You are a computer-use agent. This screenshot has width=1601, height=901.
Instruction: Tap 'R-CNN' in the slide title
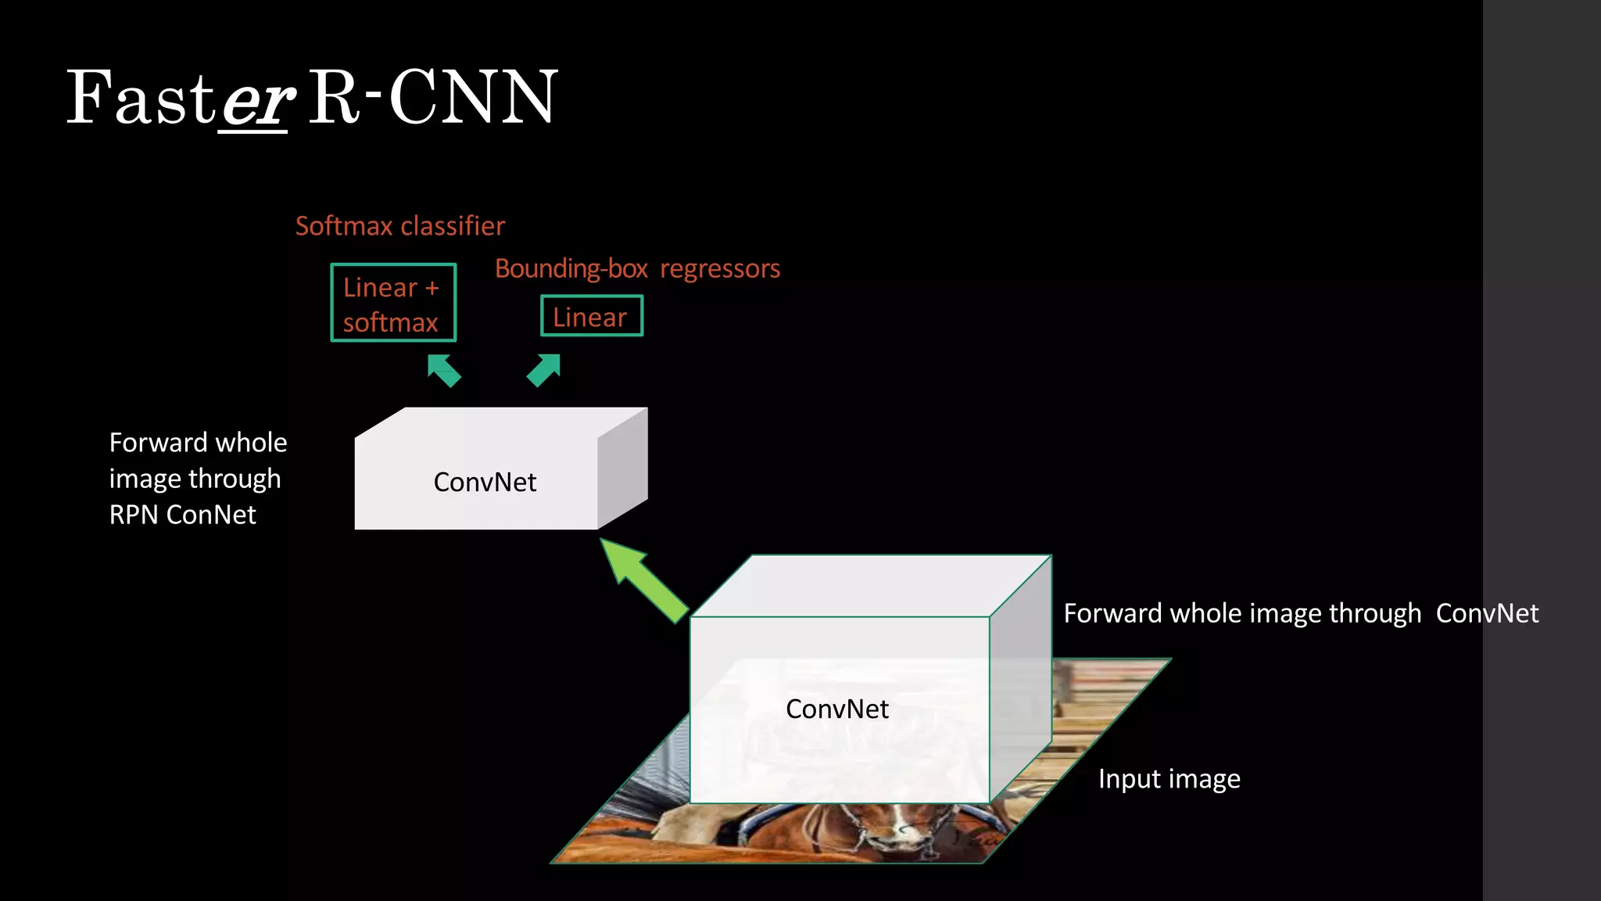pyautogui.click(x=432, y=98)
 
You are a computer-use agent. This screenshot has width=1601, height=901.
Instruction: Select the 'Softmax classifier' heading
pyautogui.click(x=399, y=226)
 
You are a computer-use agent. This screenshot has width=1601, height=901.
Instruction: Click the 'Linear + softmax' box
pyautogui.click(x=393, y=303)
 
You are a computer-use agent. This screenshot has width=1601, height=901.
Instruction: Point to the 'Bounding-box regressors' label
pyautogui.click(x=637, y=268)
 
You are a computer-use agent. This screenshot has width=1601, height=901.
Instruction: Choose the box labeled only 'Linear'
pyautogui.click(x=591, y=316)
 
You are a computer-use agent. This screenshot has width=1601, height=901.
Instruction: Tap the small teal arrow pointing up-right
pyautogui.click(x=544, y=370)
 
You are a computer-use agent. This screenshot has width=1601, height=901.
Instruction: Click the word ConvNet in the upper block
pyautogui.click(x=485, y=482)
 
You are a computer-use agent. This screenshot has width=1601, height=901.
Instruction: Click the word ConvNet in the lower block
pyautogui.click(x=836, y=709)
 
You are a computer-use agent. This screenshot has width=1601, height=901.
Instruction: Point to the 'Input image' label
pyautogui.click(x=1169, y=779)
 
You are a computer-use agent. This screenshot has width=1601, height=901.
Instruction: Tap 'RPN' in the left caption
pyautogui.click(x=134, y=515)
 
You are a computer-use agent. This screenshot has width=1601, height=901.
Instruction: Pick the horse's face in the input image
pyautogui.click(x=899, y=833)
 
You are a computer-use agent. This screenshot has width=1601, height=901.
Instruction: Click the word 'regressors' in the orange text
pyautogui.click(x=720, y=268)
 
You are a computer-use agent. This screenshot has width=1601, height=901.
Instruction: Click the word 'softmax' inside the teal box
pyautogui.click(x=390, y=322)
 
